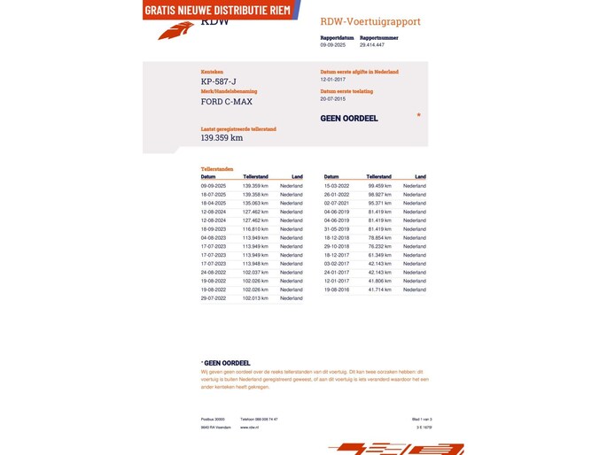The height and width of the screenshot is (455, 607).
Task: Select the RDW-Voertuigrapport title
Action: (x=370, y=21)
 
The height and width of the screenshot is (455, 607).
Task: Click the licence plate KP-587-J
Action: (x=219, y=81)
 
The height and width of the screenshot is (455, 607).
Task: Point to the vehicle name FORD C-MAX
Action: (x=226, y=102)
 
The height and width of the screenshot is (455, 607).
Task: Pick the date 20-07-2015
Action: (x=335, y=99)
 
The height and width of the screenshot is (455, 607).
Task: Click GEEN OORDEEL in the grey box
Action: (x=349, y=119)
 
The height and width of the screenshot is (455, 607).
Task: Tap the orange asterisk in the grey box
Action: (x=418, y=115)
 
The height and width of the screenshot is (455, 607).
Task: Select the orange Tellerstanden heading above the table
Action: (x=217, y=169)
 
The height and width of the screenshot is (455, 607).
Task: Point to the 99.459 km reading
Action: (x=380, y=186)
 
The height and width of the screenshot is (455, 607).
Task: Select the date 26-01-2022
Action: (x=337, y=195)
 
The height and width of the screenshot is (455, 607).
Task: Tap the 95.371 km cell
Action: (x=380, y=204)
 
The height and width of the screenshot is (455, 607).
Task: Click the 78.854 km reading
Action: (x=380, y=238)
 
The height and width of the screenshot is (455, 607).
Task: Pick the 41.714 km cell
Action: (x=380, y=289)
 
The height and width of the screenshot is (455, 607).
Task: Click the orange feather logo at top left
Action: (x=175, y=31)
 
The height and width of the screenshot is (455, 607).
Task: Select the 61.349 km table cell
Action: (x=380, y=255)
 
